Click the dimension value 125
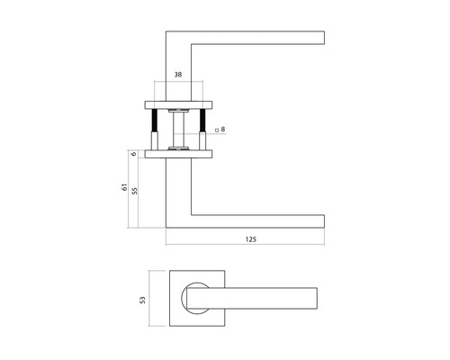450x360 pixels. [250, 239]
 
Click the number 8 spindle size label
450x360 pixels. [223, 130]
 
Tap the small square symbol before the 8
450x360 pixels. [216, 130]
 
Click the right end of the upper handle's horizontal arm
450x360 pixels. [320, 39]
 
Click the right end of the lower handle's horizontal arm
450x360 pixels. [320, 220]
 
